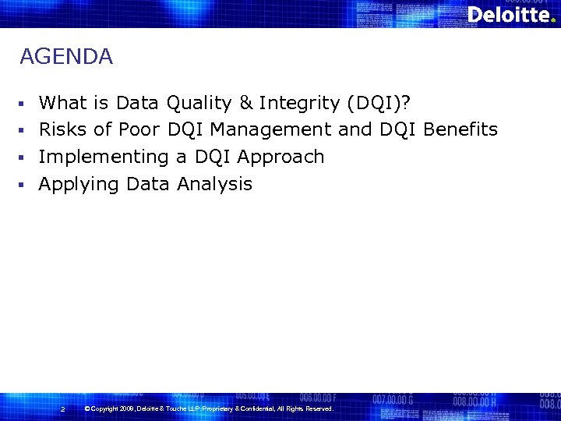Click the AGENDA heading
pyautogui.click(x=66, y=57)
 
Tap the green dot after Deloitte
pyautogui.click(x=553, y=21)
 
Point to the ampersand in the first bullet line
pyautogui.click(x=246, y=103)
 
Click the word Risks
pyautogui.click(x=63, y=129)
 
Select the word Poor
pyautogui.click(x=139, y=129)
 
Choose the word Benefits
pyautogui.click(x=460, y=129)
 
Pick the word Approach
pyautogui.click(x=280, y=157)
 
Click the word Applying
pyautogui.click(x=79, y=184)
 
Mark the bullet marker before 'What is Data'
pyautogui.click(x=23, y=104)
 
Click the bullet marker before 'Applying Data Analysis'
pyautogui.click(x=23, y=185)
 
